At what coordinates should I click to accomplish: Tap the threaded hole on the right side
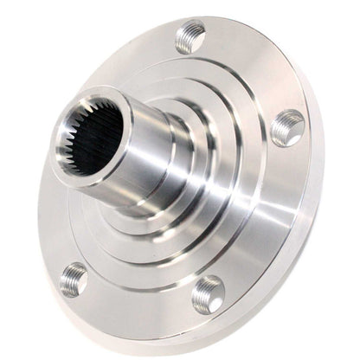(287, 128)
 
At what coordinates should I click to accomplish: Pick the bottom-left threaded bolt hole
(74, 280)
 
